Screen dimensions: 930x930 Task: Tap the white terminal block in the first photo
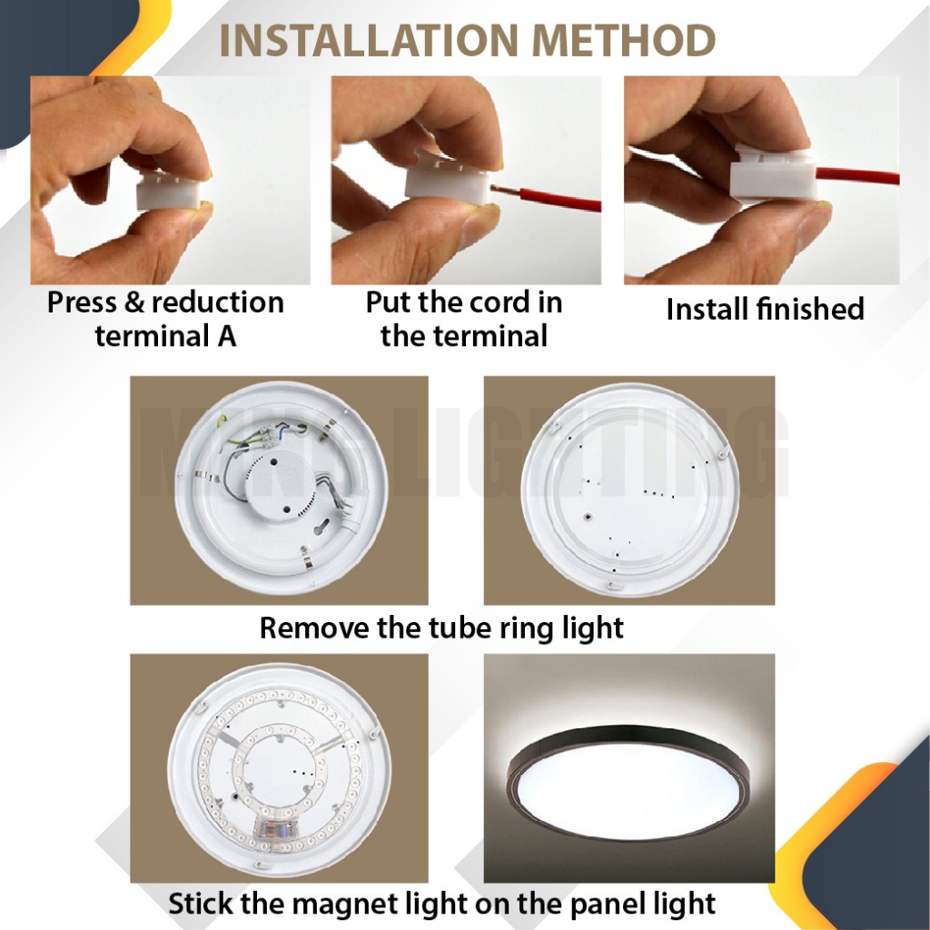168,191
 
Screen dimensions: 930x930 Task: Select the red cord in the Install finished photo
857,175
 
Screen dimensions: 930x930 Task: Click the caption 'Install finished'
765,309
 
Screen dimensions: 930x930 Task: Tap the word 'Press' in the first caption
82,302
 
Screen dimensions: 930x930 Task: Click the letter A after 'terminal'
226,336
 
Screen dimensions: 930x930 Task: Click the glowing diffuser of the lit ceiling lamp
629,784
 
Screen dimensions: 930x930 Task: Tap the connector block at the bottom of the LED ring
277,828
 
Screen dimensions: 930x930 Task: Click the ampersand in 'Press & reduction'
134,302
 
